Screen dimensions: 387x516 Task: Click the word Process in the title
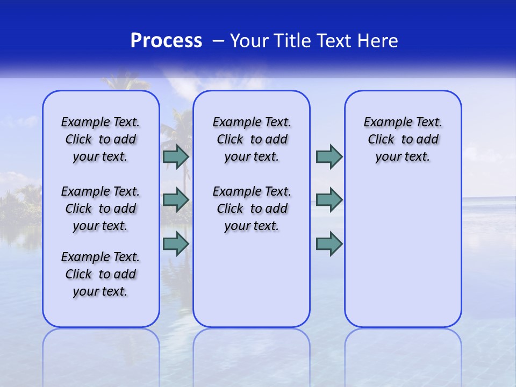point(166,41)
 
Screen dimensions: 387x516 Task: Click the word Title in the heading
point(293,41)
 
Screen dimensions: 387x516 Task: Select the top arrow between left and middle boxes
point(176,157)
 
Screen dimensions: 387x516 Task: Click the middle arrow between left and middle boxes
point(176,200)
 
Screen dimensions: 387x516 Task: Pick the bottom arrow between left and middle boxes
point(176,244)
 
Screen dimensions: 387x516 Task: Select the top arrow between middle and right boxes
point(329,157)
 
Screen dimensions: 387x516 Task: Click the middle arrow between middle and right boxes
point(329,200)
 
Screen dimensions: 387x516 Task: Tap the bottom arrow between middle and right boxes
point(329,244)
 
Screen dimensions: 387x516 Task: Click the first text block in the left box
point(101,139)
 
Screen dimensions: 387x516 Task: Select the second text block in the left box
point(101,209)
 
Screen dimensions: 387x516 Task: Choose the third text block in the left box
point(101,274)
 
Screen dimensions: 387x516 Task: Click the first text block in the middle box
point(252,139)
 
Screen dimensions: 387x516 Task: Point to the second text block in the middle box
point(252,209)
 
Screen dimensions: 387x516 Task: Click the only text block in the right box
point(403,139)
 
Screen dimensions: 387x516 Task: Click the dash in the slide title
point(218,41)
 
